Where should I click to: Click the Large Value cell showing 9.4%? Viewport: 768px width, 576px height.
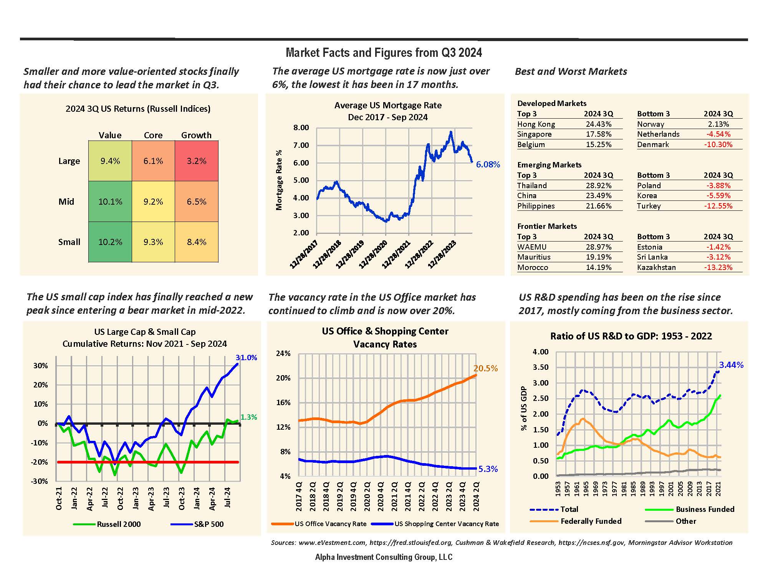pos(110,161)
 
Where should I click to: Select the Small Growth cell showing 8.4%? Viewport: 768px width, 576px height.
pos(196,242)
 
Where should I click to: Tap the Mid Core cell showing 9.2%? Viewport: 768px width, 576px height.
pos(153,202)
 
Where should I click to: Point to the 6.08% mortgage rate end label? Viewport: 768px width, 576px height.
pos(488,165)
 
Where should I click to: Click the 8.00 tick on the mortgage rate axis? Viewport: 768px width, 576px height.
pos(301,128)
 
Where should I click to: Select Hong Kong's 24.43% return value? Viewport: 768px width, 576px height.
pos(598,124)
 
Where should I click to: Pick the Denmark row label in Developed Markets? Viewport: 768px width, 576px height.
pos(653,144)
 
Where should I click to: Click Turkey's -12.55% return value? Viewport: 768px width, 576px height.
pos(718,206)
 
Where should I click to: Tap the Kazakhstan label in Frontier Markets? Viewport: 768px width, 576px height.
pos(656,267)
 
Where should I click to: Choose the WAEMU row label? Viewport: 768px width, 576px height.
pos(531,247)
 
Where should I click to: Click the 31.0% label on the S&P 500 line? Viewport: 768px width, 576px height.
pos(246,358)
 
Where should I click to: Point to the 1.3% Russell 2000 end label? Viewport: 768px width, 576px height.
pos(248,417)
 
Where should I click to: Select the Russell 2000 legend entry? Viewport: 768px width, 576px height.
pos(119,524)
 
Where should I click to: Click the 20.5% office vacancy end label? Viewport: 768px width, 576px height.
pos(485,369)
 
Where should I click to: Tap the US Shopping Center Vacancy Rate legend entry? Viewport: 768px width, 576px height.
pos(446,524)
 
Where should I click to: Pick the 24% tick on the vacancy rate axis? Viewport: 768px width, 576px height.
pos(283,354)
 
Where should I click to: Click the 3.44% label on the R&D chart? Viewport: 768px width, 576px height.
pos(731,365)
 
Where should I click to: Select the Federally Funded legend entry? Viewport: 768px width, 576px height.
pos(591,521)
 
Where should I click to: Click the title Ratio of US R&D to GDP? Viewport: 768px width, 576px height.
pos(631,336)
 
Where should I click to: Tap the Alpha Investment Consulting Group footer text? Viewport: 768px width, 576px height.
pos(384,557)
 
